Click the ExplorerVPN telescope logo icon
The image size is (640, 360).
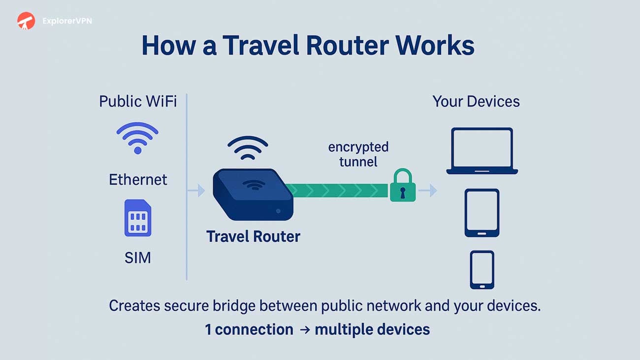pyautogui.click(x=26, y=21)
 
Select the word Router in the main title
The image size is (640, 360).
pyautogui.click(x=347, y=45)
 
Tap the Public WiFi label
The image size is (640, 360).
pyautogui.click(x=138, y=101)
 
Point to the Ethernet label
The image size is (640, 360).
pyautogui.click(x=138, y=179)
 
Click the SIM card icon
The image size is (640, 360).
pyautogui.click(x=138, y=218)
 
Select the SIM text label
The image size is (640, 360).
pyautogui.click(x=137, y=258)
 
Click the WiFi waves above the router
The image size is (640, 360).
pyautogui.click(x=248, y=146)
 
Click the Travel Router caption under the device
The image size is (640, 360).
pyautogui.click(x=253, y=236)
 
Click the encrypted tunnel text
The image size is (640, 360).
pyautogui.click(x=358, y=154)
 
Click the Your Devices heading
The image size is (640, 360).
pyautogui.click(x=476, y=101)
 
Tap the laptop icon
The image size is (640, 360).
pyautogui.click(x=482, y=151)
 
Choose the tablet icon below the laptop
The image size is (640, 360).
pyautogui.click(x=482, y=213)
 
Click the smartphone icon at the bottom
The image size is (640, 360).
pyautogui.click(x=481, y=269)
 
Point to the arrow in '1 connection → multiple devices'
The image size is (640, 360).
pyautogui.click(x=305, y=329)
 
